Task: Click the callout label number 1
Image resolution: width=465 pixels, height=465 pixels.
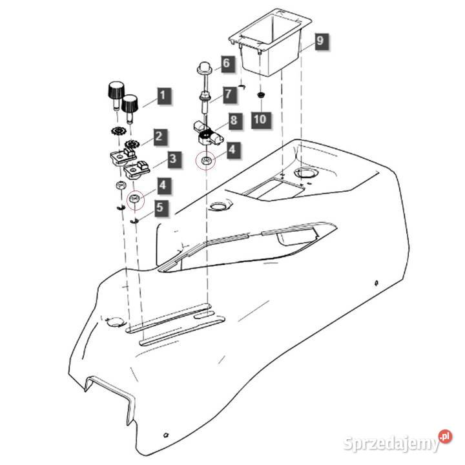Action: (163, 96)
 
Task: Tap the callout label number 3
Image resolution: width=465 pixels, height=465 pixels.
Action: (174, 160)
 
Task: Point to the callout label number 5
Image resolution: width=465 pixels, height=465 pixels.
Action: (161, 207)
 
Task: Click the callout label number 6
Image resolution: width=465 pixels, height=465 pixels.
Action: (227, 63)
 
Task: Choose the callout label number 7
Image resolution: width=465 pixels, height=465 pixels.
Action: (229, 94)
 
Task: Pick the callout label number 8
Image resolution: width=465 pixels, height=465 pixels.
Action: (235, 120)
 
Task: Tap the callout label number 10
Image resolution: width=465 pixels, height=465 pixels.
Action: (261, 119)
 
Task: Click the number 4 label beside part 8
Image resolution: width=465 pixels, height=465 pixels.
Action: (232, 149)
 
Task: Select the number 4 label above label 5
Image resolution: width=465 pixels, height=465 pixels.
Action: (163, 185)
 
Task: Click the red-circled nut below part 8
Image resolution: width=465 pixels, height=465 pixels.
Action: (205, 160)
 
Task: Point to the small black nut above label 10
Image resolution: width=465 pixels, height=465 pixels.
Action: (261, 95)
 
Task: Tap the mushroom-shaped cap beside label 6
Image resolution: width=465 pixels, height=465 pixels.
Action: (204, 68)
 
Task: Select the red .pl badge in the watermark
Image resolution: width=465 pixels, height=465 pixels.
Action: (445, 436)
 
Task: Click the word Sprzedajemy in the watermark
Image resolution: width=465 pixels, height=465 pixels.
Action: (391, 444)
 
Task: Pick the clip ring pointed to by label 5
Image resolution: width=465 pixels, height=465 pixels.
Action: (134, 221)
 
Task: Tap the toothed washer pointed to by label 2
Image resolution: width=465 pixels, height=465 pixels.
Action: (132, 145)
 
